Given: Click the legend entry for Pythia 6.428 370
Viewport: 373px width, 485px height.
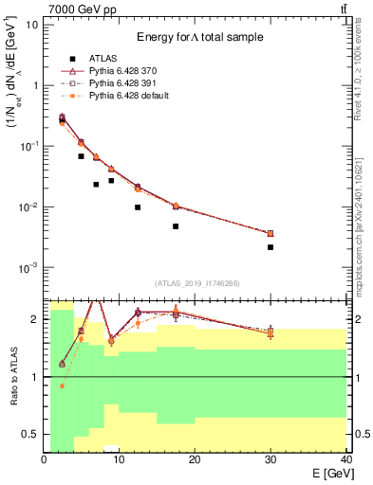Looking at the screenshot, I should coord(124,71).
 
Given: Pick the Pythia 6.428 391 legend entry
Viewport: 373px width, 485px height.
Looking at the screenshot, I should coord(124,83).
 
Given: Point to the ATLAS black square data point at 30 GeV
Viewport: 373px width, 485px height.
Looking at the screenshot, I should coord(270,247).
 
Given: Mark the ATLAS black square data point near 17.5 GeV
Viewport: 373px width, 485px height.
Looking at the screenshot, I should coord(176,226).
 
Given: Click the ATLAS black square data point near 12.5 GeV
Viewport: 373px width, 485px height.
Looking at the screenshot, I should coord(138,207).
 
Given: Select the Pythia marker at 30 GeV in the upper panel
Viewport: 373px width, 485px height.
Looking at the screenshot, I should coord(270,233).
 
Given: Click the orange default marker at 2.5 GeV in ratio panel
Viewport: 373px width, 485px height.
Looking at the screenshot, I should coord(63,386).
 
